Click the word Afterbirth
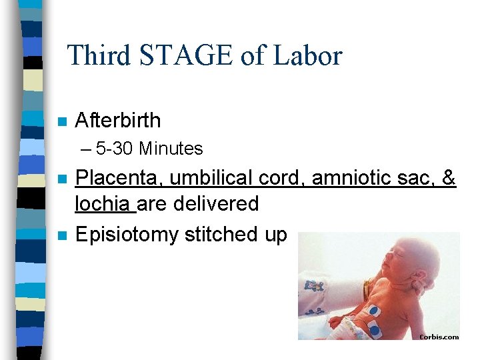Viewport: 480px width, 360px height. click(118, 121)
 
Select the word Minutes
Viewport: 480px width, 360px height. click(171, 148)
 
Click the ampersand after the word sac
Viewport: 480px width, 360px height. click(449, 179)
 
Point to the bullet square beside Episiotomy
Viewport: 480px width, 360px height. click(61, 235)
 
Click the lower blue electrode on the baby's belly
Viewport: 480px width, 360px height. click(373, 329)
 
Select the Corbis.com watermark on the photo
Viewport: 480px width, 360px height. click(439, 337)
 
